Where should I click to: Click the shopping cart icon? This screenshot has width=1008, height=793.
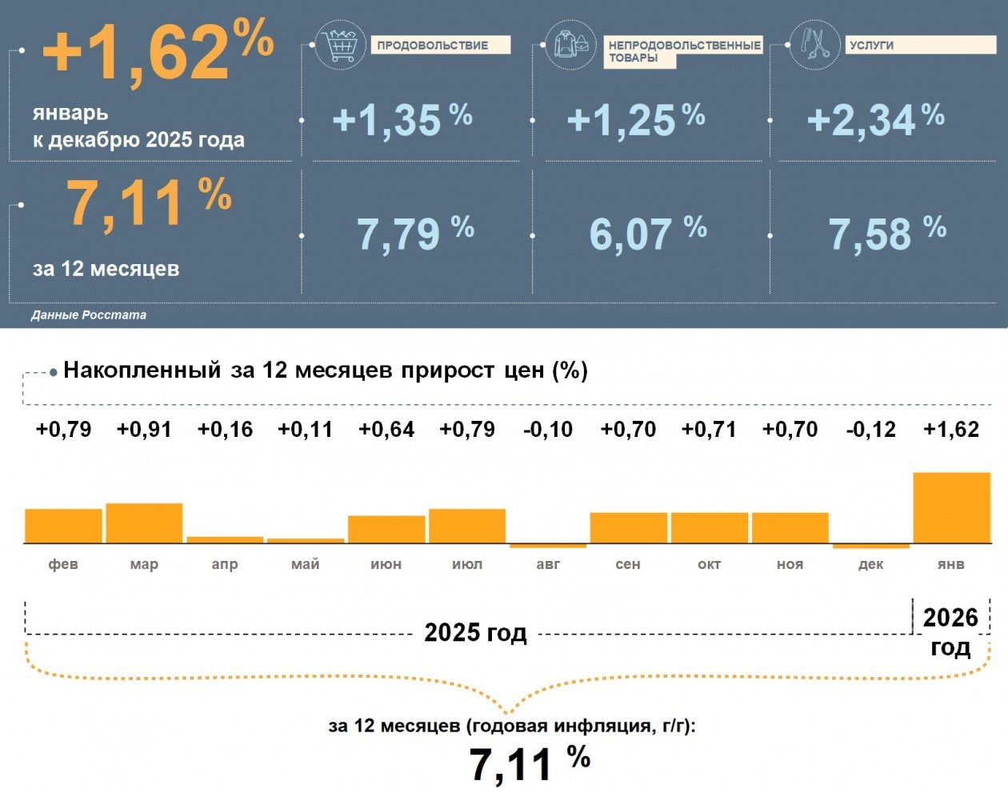[x=342, y=46]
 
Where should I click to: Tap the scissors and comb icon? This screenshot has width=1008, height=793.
[x=814, y=45]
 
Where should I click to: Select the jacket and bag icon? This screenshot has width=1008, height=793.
[x=571, y=45]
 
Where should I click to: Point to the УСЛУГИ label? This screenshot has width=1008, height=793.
[x=872, y=46]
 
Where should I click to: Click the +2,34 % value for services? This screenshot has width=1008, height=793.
[x=875, y=120]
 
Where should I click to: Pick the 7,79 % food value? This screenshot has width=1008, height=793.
[x=414, y=233]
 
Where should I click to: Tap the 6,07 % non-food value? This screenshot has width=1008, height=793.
[x=647, y=233]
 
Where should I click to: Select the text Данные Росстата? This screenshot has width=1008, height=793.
[x=89, y=315]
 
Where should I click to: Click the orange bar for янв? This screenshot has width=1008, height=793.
[x=951, y=508]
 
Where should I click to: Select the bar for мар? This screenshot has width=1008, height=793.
[x=144, y=523]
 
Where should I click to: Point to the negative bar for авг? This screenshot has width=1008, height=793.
[x=548, y=546]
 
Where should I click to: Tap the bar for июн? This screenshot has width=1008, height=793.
[x=386, y=530]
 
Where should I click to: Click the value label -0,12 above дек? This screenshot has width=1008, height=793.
[x=870, y=430]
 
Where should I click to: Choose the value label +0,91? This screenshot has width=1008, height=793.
[x=144, y=430]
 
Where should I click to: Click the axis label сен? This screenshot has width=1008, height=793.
[x=628, y=564]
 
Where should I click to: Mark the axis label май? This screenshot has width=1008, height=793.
[x=306, y=564]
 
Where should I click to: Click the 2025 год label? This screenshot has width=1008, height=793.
[x=475, y=633]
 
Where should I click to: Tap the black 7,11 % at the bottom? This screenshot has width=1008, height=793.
[x=529, y=763]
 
